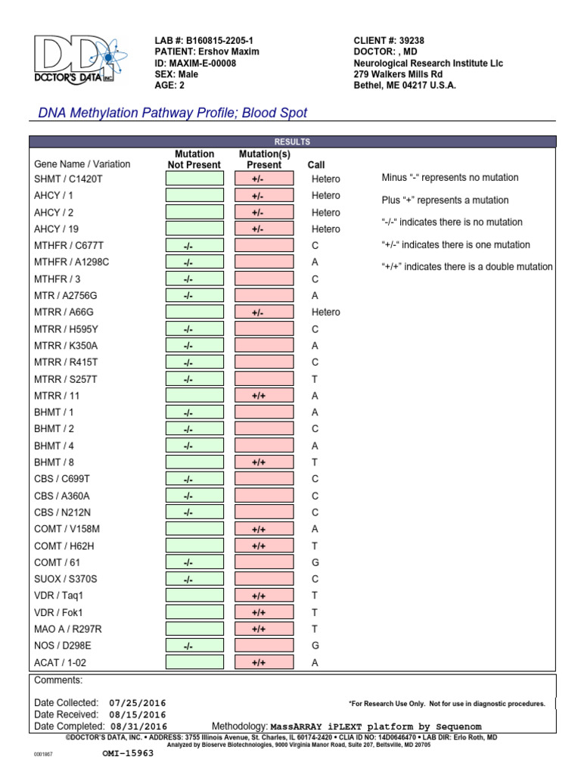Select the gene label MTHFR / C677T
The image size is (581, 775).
click(x=70, y=246)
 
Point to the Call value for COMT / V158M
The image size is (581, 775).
click(x=315, y=529)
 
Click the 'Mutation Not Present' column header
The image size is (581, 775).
click(x=194, y=159)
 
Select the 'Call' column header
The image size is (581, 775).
click(x=316, y=164)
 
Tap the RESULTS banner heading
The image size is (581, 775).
click(x=292, y=142)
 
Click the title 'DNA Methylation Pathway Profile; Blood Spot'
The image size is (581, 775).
click(x=173, y=113)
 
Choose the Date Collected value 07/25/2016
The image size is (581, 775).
click(x=137, y=703)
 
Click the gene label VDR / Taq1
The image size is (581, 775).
click(x=59, y=596)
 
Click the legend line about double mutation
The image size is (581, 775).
click(x=467, y=267)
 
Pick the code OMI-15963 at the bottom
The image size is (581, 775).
click(x=128, y=754)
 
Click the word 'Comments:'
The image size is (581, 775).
click(x=58, y=680)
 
